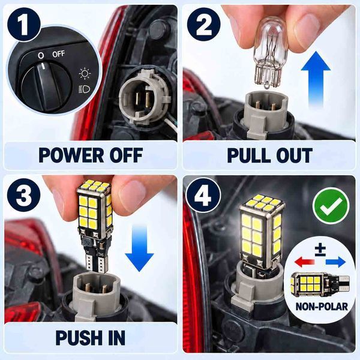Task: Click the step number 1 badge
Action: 23,25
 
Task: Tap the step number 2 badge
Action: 203,25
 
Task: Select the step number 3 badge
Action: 23,195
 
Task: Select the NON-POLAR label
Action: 322,307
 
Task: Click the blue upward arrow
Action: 316,79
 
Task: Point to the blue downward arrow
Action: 139,248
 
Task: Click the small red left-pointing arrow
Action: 304,262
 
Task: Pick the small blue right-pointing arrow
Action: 335,262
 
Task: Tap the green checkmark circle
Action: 331,205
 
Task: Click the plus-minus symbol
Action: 320,250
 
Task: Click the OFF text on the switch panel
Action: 59,54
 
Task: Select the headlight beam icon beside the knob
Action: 84,89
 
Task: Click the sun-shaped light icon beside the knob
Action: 85,73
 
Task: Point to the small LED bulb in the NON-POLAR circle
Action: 319,284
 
